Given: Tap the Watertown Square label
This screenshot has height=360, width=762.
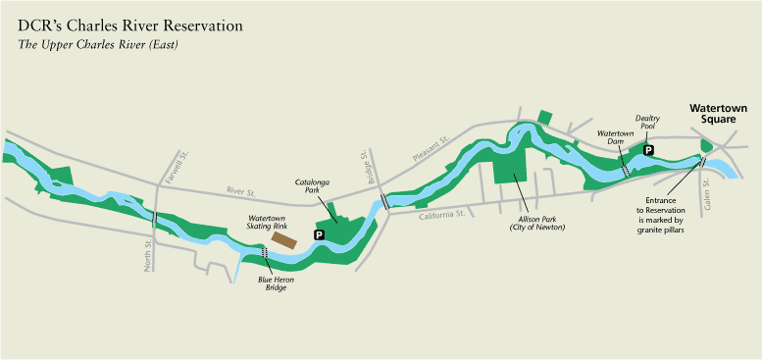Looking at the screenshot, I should tap(717, 113).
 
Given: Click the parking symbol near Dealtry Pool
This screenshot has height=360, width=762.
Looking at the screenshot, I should tap(647, 148).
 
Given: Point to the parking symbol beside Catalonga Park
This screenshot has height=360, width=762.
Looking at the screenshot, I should tap(318, 235).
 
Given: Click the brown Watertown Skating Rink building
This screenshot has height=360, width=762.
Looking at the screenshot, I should tap(285, 238).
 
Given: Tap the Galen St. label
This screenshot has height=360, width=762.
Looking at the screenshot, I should tap(707, 199).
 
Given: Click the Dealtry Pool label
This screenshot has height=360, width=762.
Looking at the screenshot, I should tap(647, 122).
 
